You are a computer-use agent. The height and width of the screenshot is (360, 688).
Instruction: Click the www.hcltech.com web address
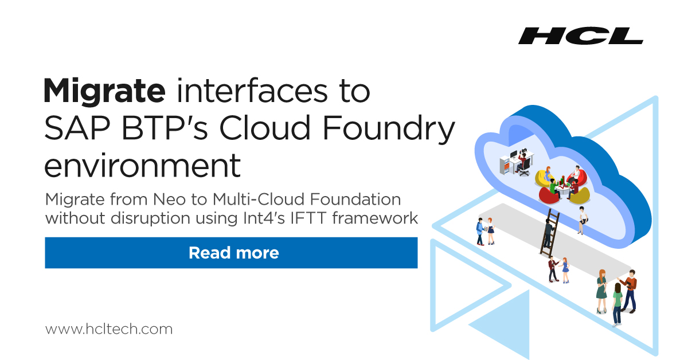[108, 329]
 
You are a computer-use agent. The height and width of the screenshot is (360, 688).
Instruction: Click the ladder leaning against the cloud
[549, 233]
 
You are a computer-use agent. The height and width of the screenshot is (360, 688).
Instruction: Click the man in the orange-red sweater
[630, 289]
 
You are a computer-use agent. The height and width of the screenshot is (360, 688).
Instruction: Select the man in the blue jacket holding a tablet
[480, 231]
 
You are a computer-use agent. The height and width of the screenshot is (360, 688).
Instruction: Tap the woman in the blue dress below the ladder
[565, 269]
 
